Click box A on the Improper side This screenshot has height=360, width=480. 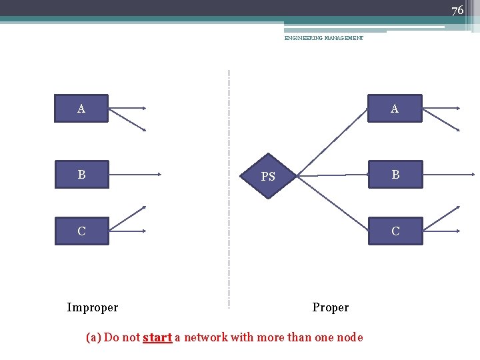pos(81,108)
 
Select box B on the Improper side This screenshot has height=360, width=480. pos(81,175)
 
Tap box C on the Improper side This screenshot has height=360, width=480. pos(81,231)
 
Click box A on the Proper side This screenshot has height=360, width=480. pos(395,108)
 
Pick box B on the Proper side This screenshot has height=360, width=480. pos(395,175)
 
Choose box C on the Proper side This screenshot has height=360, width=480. pos(395,231)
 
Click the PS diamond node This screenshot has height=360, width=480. pos(268,177)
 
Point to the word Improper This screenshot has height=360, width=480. pos(93,307)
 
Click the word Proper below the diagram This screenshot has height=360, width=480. pos(331,307)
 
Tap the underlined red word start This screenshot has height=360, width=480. pos(157,337)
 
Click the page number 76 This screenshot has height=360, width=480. pos(457,10)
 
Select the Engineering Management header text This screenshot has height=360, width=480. pos(324,39)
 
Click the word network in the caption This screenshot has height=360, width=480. pos(205,337)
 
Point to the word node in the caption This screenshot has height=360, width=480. pos(349,337)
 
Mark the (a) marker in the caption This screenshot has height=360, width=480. pos(94,337)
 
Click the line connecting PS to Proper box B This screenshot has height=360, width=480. pos(333,175)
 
